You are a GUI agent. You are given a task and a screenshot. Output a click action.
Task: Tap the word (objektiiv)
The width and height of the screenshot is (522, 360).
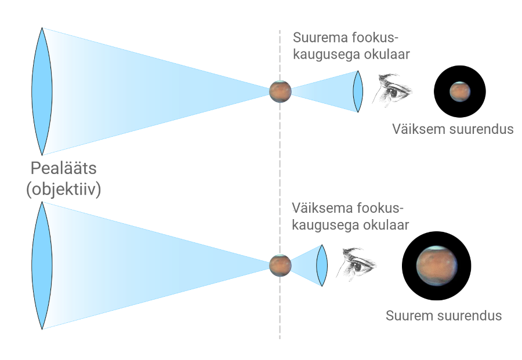64,190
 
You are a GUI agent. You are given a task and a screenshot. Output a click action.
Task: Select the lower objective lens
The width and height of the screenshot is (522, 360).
40,264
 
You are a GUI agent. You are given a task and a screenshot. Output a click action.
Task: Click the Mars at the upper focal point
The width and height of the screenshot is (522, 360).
280,91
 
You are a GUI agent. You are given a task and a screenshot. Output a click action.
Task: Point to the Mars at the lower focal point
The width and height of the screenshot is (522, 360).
280,264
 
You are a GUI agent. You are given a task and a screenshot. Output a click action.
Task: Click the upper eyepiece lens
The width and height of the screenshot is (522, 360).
358,91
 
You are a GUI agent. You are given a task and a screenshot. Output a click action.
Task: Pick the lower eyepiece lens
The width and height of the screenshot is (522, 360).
322,265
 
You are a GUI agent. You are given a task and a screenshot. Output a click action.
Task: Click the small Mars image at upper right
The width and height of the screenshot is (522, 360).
460,91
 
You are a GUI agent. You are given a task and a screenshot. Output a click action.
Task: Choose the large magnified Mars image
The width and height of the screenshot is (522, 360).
436,266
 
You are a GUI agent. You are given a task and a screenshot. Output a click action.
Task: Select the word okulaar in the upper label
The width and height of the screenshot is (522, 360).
390,56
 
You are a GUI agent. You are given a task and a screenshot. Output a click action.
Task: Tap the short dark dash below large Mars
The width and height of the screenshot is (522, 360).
436,300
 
